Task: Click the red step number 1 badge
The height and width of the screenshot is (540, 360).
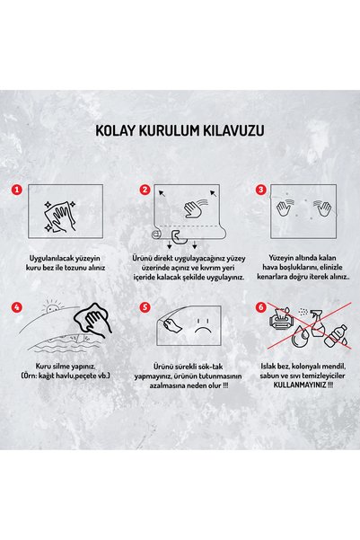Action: pyautogui.click(x=16, y=190)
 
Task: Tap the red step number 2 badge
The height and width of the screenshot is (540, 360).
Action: pyautogui.click(x=145, y=190)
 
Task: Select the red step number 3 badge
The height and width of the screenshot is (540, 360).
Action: pyautogui.click(x=261, y=190)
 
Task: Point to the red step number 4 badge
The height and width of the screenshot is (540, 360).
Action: pyautogui.click(x=16, y=307)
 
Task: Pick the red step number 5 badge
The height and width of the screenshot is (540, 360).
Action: pyautogui.click(x=145, y=307)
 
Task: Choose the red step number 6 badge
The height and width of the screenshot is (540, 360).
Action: pyautogui.click(x=261, y=307)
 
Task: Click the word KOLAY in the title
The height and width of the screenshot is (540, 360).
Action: pyautogui.click(x=114, y=131)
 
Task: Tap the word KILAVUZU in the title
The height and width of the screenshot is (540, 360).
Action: pyautogui.click(x=234, y=131)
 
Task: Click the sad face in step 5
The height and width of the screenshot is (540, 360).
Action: pyautogui.click(x=203, y=325)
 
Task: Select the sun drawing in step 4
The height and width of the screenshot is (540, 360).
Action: pyautogui.click(x=53, y=306)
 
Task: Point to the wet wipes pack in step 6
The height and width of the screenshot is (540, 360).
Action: pyautogui.click(x=282, y=319)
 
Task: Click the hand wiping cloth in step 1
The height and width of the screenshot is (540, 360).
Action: pyautogui.click(x=60, y=217)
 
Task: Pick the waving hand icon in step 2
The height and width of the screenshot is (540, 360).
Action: pyautogui.click(x=195, y=208)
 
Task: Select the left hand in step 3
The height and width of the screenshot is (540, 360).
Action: pyautogui.click(x=285, y=208)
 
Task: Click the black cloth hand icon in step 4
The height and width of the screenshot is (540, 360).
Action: pyautogui.click(x=93, y=320)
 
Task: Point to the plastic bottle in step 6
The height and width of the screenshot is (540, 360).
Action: pyautogui.click(x=335, y=335)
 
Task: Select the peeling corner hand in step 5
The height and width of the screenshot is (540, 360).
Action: pyautogui.click(x=171, y=324)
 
